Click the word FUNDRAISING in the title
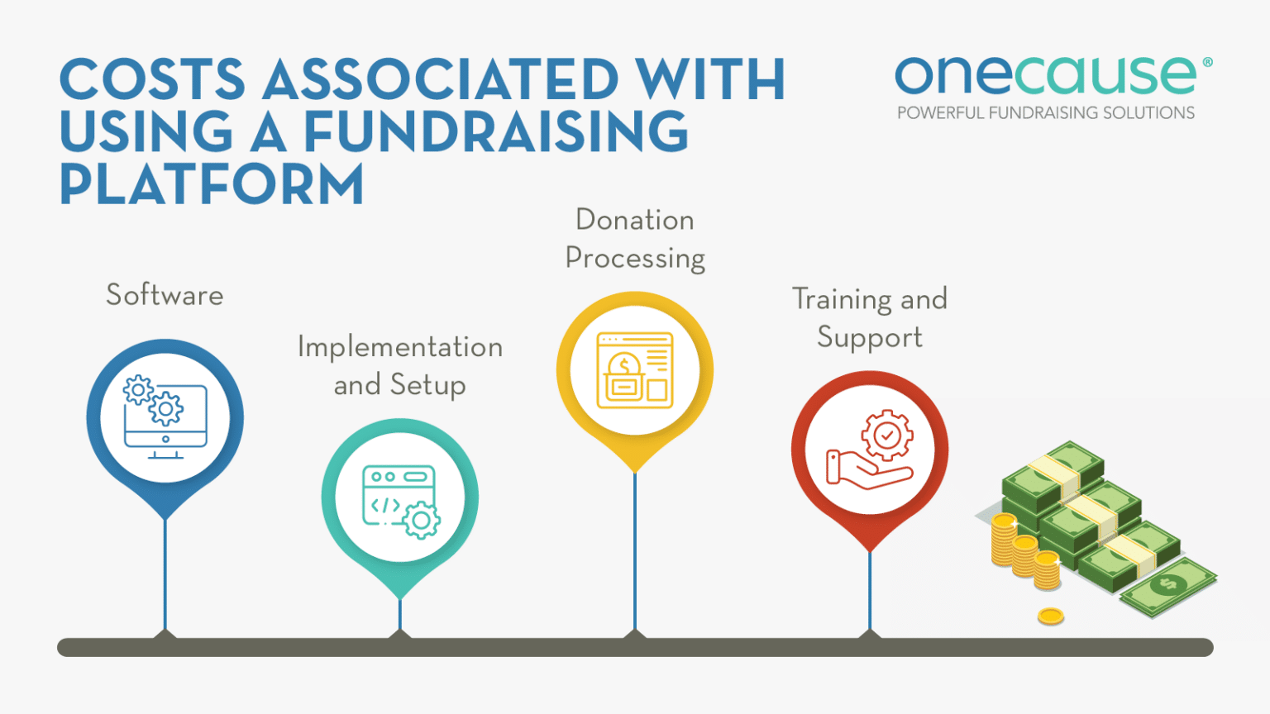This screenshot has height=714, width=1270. [496, 132]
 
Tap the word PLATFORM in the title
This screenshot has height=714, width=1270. [212, 184]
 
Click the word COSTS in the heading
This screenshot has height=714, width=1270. [152, 80]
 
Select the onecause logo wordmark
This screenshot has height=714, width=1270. [1045, 76]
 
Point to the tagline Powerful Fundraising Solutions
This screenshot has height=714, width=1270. [1046, 113]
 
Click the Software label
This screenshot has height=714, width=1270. [165, 295]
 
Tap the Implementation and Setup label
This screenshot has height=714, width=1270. [400, 365]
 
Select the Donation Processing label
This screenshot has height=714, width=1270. [635, 239]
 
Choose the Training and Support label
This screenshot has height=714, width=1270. [870, 318]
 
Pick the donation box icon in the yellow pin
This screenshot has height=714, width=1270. [635, 371]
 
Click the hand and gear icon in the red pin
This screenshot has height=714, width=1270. [870, 450]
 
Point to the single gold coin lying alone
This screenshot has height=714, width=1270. [1050, 616]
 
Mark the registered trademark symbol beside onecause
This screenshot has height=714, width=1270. [1207, 62]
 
